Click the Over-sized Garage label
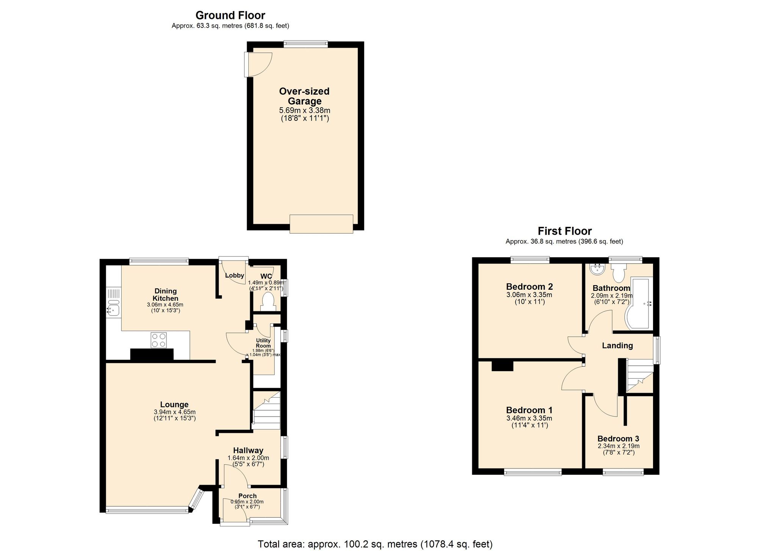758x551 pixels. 304,96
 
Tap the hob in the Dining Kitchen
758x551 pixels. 158,340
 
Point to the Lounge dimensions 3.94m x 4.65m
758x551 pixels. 175,412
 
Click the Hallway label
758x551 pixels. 248,450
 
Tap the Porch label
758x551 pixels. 247,496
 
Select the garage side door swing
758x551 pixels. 259,64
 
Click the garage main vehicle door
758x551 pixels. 321,224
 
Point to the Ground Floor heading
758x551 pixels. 230,15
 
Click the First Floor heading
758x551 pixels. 564,231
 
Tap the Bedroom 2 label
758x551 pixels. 529,287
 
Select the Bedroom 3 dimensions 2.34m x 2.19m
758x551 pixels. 619,446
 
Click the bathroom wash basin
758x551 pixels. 597,269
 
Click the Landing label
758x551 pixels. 617,345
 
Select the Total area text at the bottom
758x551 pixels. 375,544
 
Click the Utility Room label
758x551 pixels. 263,343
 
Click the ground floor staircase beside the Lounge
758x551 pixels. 266,411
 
